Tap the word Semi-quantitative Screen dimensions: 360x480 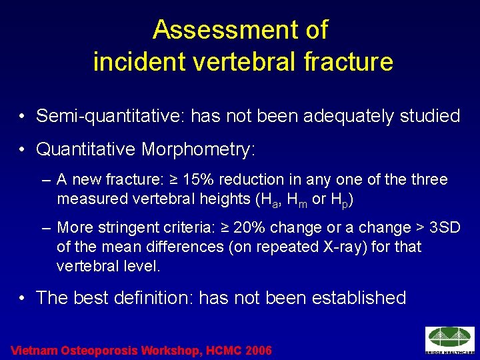pyautogui.click(x=110, y=116)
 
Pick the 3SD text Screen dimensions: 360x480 pyautogui.click(x=445, y=228)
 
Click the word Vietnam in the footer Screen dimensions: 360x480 pyautogui.click(x=35, y=350)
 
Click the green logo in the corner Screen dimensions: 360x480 pyautogui.click(x=450, y=339)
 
